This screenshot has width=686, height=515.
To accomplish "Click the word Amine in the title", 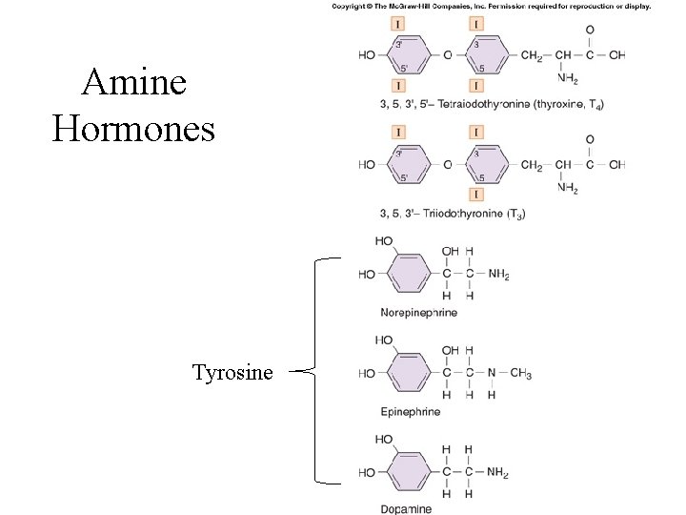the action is click(133, 84).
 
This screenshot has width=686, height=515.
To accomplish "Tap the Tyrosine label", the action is click(232, 371).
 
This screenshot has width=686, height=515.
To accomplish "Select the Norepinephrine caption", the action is click(418, 312).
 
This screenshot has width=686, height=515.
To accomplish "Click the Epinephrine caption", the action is click(411, 411).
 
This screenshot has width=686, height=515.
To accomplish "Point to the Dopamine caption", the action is click(406, 509).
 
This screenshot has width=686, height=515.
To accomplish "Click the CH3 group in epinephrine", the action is click(520, 373).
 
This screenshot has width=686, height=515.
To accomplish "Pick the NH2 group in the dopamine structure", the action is click(497, 472).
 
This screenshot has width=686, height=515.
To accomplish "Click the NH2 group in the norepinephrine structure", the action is click(497, 275).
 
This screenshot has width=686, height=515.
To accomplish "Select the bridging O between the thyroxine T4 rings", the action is click(448, 55).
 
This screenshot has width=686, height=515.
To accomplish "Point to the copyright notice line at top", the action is click(491, 7).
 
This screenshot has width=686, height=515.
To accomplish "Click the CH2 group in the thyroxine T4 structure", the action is click(532, 55).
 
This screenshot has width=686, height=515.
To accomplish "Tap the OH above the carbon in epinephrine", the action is click(449, 351).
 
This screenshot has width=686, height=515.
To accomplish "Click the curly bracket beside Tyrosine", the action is click(314, 371).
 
